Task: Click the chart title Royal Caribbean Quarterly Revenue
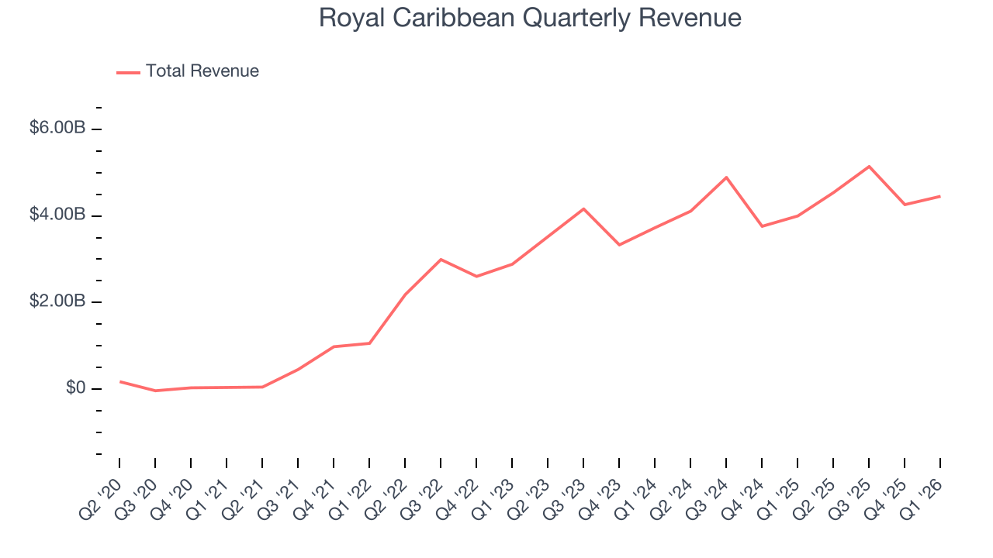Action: [530, 19]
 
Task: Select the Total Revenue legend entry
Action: [188, 71]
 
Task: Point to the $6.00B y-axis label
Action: [57, 128]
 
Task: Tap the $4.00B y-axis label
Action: [57, 215]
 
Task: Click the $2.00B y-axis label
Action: [57, 301]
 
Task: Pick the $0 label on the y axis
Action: [75, 388]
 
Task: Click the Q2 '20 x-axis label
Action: [100, 500]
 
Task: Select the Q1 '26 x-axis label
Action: [921, 500]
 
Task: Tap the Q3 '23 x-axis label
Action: [564, 500]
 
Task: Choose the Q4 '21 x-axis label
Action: [314, 500]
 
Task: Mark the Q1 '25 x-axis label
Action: [778, 500]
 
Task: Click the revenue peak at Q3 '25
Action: [869, 167]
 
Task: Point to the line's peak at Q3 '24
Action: [726, 177]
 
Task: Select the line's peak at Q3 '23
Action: [583, 208]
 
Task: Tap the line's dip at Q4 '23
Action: [619, 245]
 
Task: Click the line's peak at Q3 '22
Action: [441, 260]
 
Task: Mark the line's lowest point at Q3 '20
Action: [155, 391]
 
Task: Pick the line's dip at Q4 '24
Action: [762, 226]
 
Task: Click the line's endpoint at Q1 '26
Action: [939, 196]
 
